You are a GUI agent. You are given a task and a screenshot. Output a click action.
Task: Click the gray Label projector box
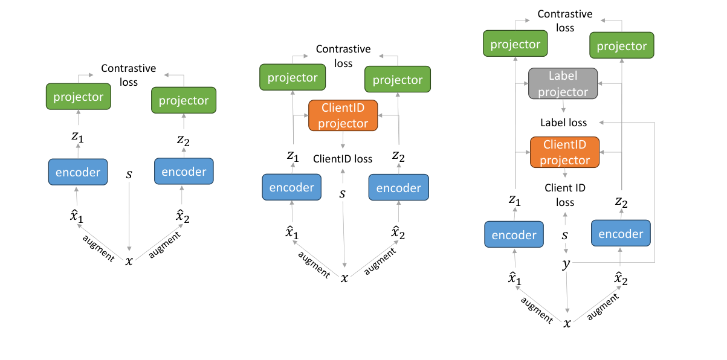(x=563, y=84)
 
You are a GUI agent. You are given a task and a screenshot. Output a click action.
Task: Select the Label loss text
(x=563, y=123)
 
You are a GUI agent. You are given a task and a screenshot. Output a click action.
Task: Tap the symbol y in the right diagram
(x=566, y=264)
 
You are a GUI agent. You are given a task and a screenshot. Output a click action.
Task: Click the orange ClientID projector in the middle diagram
(x=343, y=115)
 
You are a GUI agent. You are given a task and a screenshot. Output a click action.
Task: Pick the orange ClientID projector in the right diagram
(x=564, y=152)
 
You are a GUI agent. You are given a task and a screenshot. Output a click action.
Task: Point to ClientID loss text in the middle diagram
(x=343, y=159)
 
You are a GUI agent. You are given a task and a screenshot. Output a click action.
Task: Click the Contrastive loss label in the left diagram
(x=128, y=75)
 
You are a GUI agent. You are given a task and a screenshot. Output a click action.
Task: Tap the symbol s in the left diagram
(x=129, y=175)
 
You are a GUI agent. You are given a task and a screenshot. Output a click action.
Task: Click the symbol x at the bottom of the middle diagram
(x=344, y=277)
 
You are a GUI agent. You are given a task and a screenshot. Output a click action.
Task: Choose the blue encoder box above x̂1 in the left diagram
(x=78, y=172)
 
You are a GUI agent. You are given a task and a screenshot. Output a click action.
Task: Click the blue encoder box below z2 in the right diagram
(x=621, y=234)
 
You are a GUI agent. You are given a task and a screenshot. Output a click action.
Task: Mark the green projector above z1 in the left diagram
(x=79, y=97)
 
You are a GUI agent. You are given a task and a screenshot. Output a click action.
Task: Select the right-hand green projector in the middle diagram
(x=398, y=80)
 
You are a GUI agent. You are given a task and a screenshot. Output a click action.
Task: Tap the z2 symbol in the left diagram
(x=183, y=140)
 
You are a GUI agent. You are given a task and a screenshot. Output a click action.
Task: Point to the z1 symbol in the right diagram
(x=515, y=199)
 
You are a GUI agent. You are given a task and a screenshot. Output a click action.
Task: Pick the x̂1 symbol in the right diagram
(x=515, y=278)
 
